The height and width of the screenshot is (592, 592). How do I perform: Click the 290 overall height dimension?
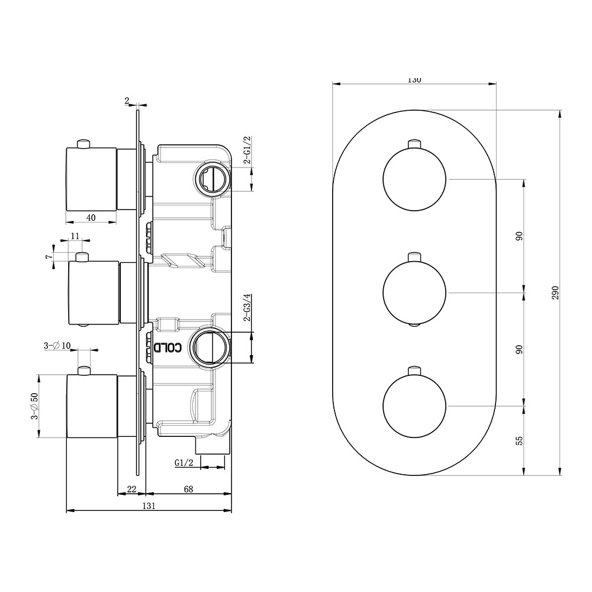click(x=555, y=292)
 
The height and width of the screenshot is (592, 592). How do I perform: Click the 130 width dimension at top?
click(x=414, y=80)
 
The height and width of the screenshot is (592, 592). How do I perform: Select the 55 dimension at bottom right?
click(x=519, y=440)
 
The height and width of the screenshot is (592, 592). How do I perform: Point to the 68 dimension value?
click(x=188, y=488)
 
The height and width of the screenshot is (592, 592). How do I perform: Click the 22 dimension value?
click(x=132, y=488)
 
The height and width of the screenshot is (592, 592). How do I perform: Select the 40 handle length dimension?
click(x=91, y=217)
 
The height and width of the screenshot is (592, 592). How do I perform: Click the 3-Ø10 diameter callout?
click(x=57, y=346)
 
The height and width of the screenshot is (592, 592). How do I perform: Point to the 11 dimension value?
click(x=75, y=236)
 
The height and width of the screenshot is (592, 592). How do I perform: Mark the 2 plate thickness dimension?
click(x=127, y=101)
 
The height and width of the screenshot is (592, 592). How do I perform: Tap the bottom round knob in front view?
click(x=414, y=406)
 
